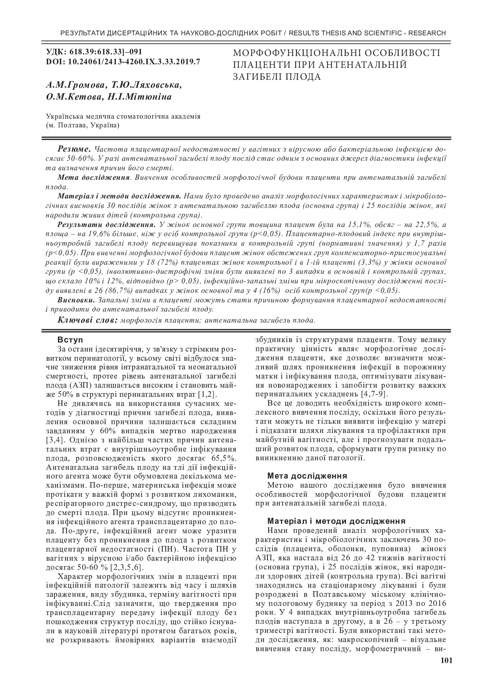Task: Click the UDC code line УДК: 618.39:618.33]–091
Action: [x=94, y=52]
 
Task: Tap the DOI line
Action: [x=123, y=62]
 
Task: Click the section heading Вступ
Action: [x=71, y=340]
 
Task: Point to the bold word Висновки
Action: [x=76, y=300]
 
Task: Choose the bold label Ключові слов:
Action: [x=87, y=320]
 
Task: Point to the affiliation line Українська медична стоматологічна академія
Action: [x=123, y=116]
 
